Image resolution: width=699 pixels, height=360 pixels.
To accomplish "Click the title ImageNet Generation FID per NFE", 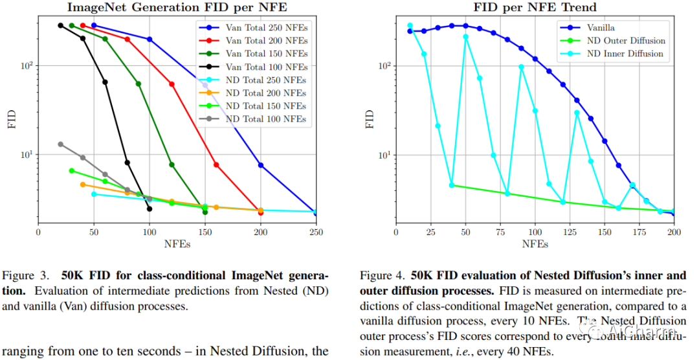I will (x=177, y=7).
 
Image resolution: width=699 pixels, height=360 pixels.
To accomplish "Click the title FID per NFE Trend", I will (x=535, y=7).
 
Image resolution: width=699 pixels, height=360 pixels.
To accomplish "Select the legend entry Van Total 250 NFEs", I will (x=265, y=28).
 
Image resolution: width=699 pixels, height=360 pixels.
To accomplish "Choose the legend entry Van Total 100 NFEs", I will (x=265, y=67).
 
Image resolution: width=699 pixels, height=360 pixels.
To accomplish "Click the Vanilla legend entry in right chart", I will (x=601, y=28).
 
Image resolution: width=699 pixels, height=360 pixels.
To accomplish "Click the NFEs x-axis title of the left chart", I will (x=177, y=244).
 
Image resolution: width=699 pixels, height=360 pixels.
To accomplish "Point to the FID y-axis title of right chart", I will (x=370, y=120).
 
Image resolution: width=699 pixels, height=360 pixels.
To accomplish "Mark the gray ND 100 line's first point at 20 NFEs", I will (x=60, y=144).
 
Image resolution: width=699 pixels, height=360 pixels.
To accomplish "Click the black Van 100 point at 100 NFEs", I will (x=150, y=208).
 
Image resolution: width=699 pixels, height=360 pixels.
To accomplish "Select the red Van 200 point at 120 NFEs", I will (x=172, y=84).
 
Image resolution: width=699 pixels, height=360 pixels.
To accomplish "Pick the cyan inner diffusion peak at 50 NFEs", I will (x=465, y=37).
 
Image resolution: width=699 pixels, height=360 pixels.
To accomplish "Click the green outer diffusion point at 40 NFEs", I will (x=452, y=185).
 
